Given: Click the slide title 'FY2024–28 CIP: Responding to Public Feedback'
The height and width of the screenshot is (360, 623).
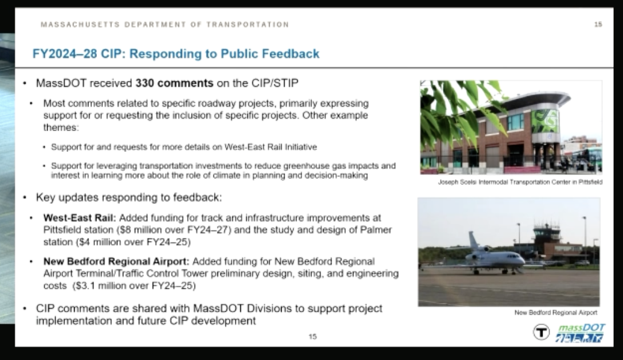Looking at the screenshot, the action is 176,53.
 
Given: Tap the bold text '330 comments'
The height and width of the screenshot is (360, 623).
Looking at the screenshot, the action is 174,83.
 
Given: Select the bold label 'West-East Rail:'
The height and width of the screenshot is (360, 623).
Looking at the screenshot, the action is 80,218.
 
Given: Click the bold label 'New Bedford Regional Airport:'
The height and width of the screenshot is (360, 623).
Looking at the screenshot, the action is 116,261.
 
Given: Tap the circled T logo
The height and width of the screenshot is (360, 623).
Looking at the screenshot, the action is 541,332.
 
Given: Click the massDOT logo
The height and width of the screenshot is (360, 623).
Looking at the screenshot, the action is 580,332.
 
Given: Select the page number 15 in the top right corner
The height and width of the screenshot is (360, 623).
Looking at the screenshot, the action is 598,25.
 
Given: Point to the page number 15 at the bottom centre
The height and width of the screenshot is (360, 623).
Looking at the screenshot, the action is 313,336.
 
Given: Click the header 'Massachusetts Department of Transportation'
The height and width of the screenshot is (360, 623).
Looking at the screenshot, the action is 165,25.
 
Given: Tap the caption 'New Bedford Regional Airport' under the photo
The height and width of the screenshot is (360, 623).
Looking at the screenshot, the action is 555,313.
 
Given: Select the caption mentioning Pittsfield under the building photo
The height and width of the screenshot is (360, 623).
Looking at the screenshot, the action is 520,182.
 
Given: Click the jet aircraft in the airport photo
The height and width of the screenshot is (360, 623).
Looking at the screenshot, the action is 494,256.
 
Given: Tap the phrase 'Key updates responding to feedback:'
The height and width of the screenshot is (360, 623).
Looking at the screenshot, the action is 129,197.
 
